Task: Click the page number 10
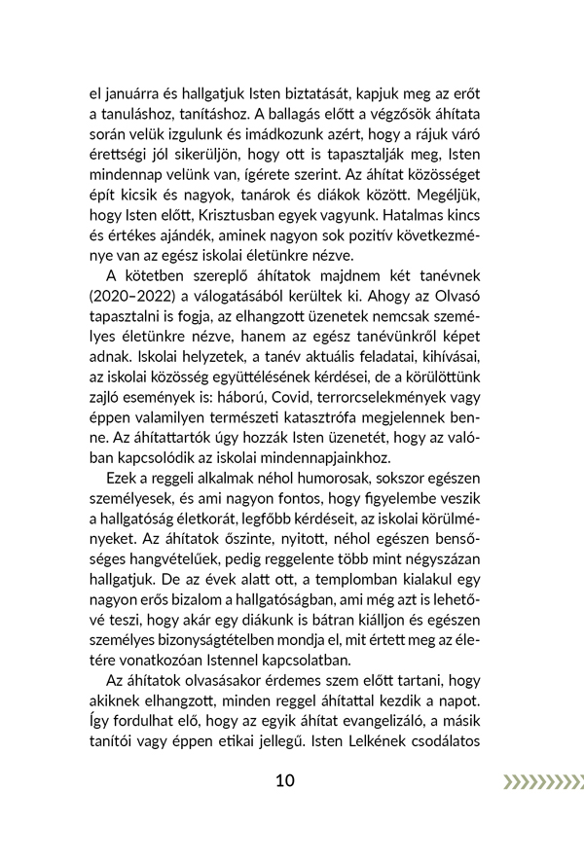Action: click(x=284, y=781)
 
